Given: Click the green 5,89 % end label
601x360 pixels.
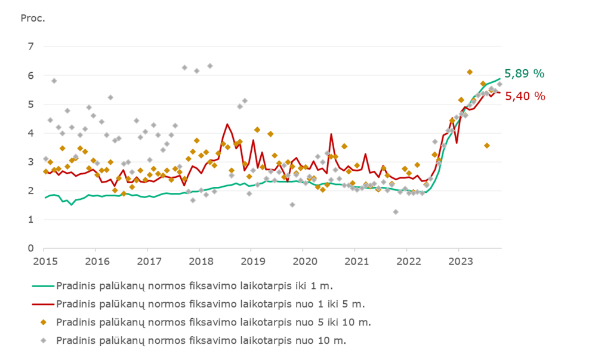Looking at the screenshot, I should pos(524,74).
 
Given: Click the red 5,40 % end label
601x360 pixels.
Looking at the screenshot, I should pos(524,96).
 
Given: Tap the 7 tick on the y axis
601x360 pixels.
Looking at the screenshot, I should pos(32,47).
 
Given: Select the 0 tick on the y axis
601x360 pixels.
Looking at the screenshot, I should pos(32,248).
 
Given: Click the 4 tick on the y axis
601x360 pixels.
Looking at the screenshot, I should pos(32,133).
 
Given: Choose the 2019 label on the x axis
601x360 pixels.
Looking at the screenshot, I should pos(251,261).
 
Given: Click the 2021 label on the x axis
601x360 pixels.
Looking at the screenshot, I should pos(355,261).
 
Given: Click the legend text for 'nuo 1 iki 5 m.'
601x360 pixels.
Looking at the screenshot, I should pos(210,304).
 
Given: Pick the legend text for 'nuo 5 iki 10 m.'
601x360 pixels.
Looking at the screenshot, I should pos(214,322).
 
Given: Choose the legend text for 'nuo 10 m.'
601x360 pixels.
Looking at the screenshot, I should pos(201,341).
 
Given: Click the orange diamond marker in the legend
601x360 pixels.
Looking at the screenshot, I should pos(43,322).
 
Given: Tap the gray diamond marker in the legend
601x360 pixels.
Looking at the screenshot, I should pos(43,341).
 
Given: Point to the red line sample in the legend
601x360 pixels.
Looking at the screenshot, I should pos(43,304).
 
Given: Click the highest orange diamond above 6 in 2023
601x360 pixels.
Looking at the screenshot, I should pos(470,72).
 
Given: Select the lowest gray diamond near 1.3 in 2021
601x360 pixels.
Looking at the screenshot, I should pos(396,212).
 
